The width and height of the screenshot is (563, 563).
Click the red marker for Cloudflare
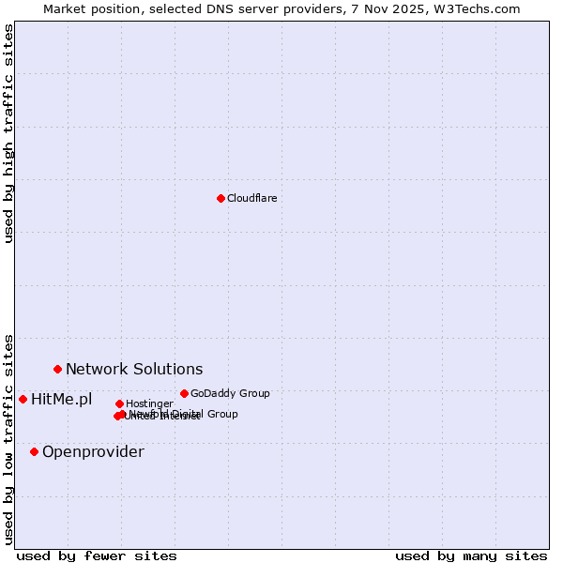click(221, 198)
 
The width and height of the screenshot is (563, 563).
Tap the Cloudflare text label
click(251, 198)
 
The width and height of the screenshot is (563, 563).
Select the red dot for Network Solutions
click(57, 369)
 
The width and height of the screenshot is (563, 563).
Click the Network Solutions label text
click(134, 369)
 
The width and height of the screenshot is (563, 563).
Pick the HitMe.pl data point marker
click(23, 399)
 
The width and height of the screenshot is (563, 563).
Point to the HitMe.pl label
click(62, 399)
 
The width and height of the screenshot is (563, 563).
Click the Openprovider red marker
click(34, 451)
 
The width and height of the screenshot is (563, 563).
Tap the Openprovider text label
click(93, 451)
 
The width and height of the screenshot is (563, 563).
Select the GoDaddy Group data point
click(184, 393)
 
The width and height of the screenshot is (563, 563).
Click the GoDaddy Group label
click(230, 393)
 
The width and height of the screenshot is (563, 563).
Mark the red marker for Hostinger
click(119, 403)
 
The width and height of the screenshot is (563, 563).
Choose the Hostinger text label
click(149, 403)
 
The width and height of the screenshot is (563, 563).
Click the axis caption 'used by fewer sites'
click(97, 555)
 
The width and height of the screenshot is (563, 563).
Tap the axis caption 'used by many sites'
click(471, 555)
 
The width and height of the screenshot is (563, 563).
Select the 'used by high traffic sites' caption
click(8, 133)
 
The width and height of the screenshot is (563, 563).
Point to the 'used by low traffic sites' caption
click(8, 438)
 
